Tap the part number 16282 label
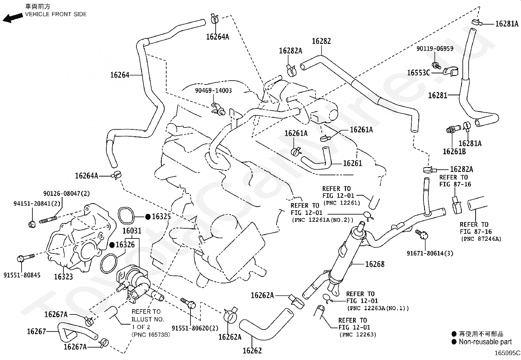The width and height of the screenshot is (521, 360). [x=321, y=41]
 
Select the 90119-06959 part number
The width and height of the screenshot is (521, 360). [x=435, y=49]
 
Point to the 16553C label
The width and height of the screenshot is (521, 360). [x=418, y=73]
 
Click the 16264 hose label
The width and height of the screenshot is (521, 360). [x=120, y=75]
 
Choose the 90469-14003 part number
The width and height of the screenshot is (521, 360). [x=213, y=91]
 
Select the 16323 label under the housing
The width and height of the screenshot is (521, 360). [x=63, y=277]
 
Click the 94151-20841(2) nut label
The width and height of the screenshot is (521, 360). [x=37, y=203]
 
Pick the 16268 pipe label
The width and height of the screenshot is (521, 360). [x=375, y=264]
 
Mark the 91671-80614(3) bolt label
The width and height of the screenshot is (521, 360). [x=430, y=253]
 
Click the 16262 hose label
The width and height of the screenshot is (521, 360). [x=252, y=351]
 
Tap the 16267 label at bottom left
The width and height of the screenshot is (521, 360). [x=36, y=332]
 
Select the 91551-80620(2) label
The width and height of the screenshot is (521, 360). [x=195, y=328]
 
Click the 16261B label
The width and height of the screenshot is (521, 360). [x=454, y=152]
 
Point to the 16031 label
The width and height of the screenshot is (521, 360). [x=132, y=231]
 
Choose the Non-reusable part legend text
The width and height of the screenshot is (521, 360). [x=485, y=342]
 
